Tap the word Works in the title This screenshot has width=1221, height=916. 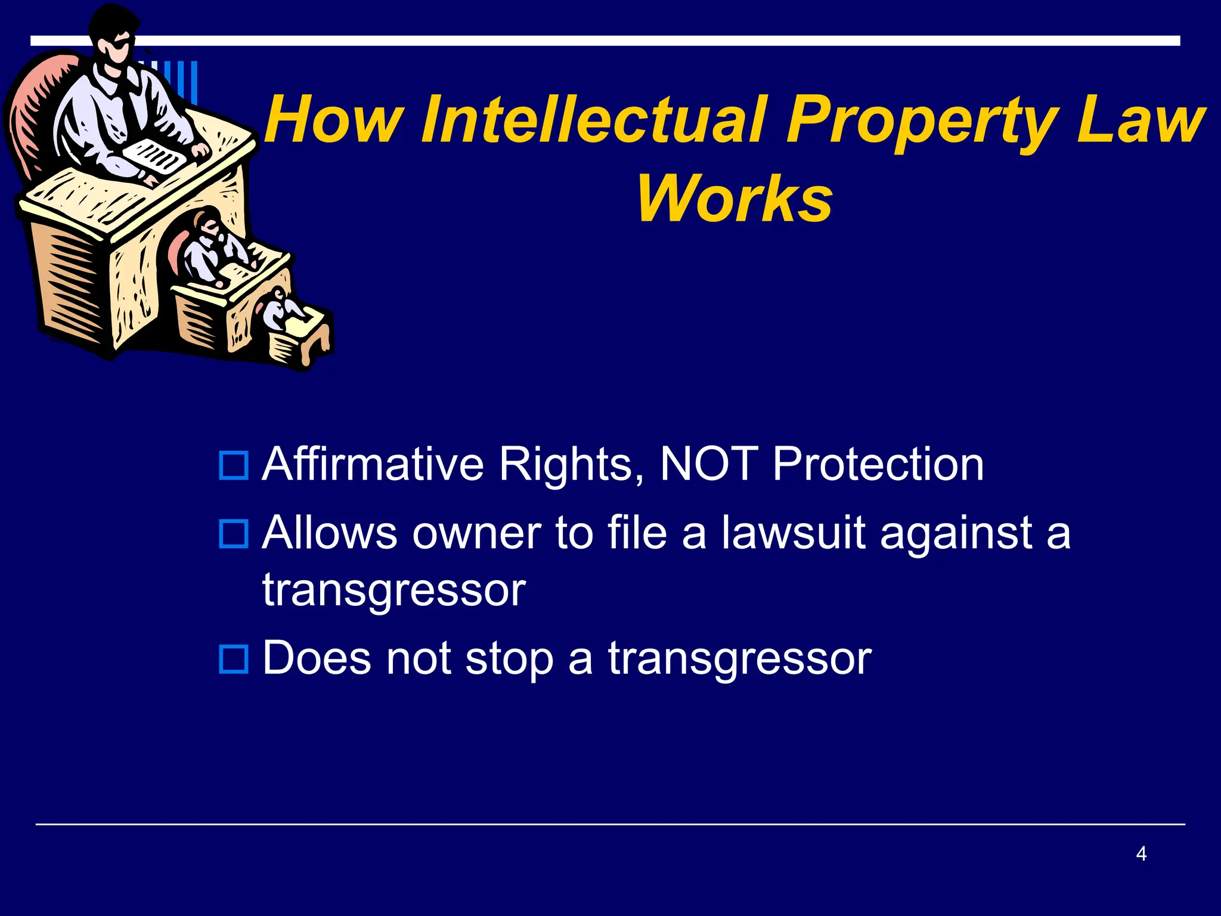point(735,199)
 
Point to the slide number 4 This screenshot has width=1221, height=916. point(1141,853)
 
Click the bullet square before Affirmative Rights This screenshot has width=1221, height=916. point(234,466)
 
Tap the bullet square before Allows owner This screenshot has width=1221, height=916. point(234,534)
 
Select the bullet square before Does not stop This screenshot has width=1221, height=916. point(234,659)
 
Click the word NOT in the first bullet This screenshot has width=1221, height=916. point(709,464)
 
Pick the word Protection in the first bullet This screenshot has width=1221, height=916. point(878,464)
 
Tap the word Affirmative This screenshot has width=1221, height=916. point(373,464)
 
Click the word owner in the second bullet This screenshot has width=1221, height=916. point(476,534)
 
